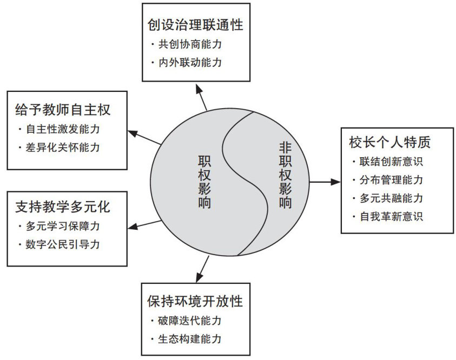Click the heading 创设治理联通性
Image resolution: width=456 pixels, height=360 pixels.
pyautogui.click(x=195, y=25)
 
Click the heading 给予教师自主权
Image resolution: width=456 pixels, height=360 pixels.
pyautogui.click(x=63, y=110)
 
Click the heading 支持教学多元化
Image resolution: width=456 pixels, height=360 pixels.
pyautogui.click(x=63, y=206)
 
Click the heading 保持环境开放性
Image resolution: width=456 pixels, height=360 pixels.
pyautogui.click(x=195, y=301)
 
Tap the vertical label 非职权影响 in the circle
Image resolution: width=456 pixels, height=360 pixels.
pyautogui.click(x=285, y=175)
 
